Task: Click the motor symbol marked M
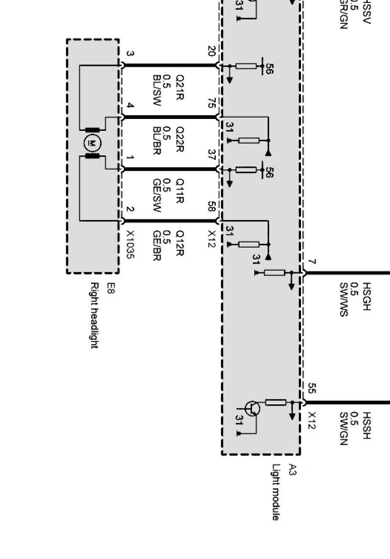(92, 143)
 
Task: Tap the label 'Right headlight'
(95, 315)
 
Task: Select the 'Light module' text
(276, 492)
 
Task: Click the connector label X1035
(131, 245)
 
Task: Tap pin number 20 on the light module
(212, 51)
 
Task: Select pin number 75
(212, 103)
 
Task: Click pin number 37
(212, 155)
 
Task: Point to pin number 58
(212, 207)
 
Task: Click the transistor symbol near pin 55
(253, 409)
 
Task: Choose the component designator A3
(292, 469)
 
